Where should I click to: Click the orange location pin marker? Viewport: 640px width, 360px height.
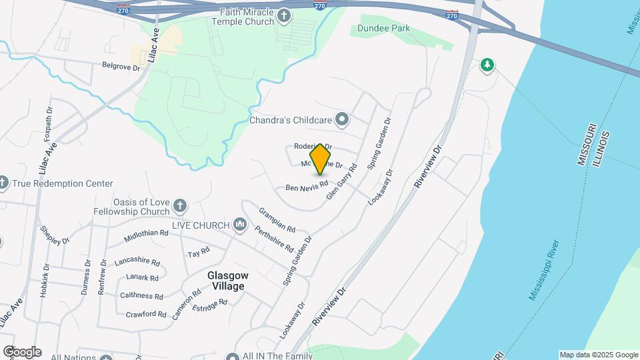point(321,159)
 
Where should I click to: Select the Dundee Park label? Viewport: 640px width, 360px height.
point(383,28)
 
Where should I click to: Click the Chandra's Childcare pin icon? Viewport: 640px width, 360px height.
point(343,120)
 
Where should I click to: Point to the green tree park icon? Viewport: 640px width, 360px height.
point(488,65)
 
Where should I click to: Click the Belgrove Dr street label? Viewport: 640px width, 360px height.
point(121,67)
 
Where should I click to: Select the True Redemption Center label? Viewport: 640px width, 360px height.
point(65,183)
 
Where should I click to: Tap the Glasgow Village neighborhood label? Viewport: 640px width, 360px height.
point(227,281)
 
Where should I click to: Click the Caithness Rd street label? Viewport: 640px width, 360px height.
point(141,296)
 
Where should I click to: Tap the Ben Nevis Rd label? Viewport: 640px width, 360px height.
point(307,186)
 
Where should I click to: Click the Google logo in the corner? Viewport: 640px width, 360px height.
point(21,352)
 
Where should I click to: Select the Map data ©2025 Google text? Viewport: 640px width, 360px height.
point(598,355)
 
